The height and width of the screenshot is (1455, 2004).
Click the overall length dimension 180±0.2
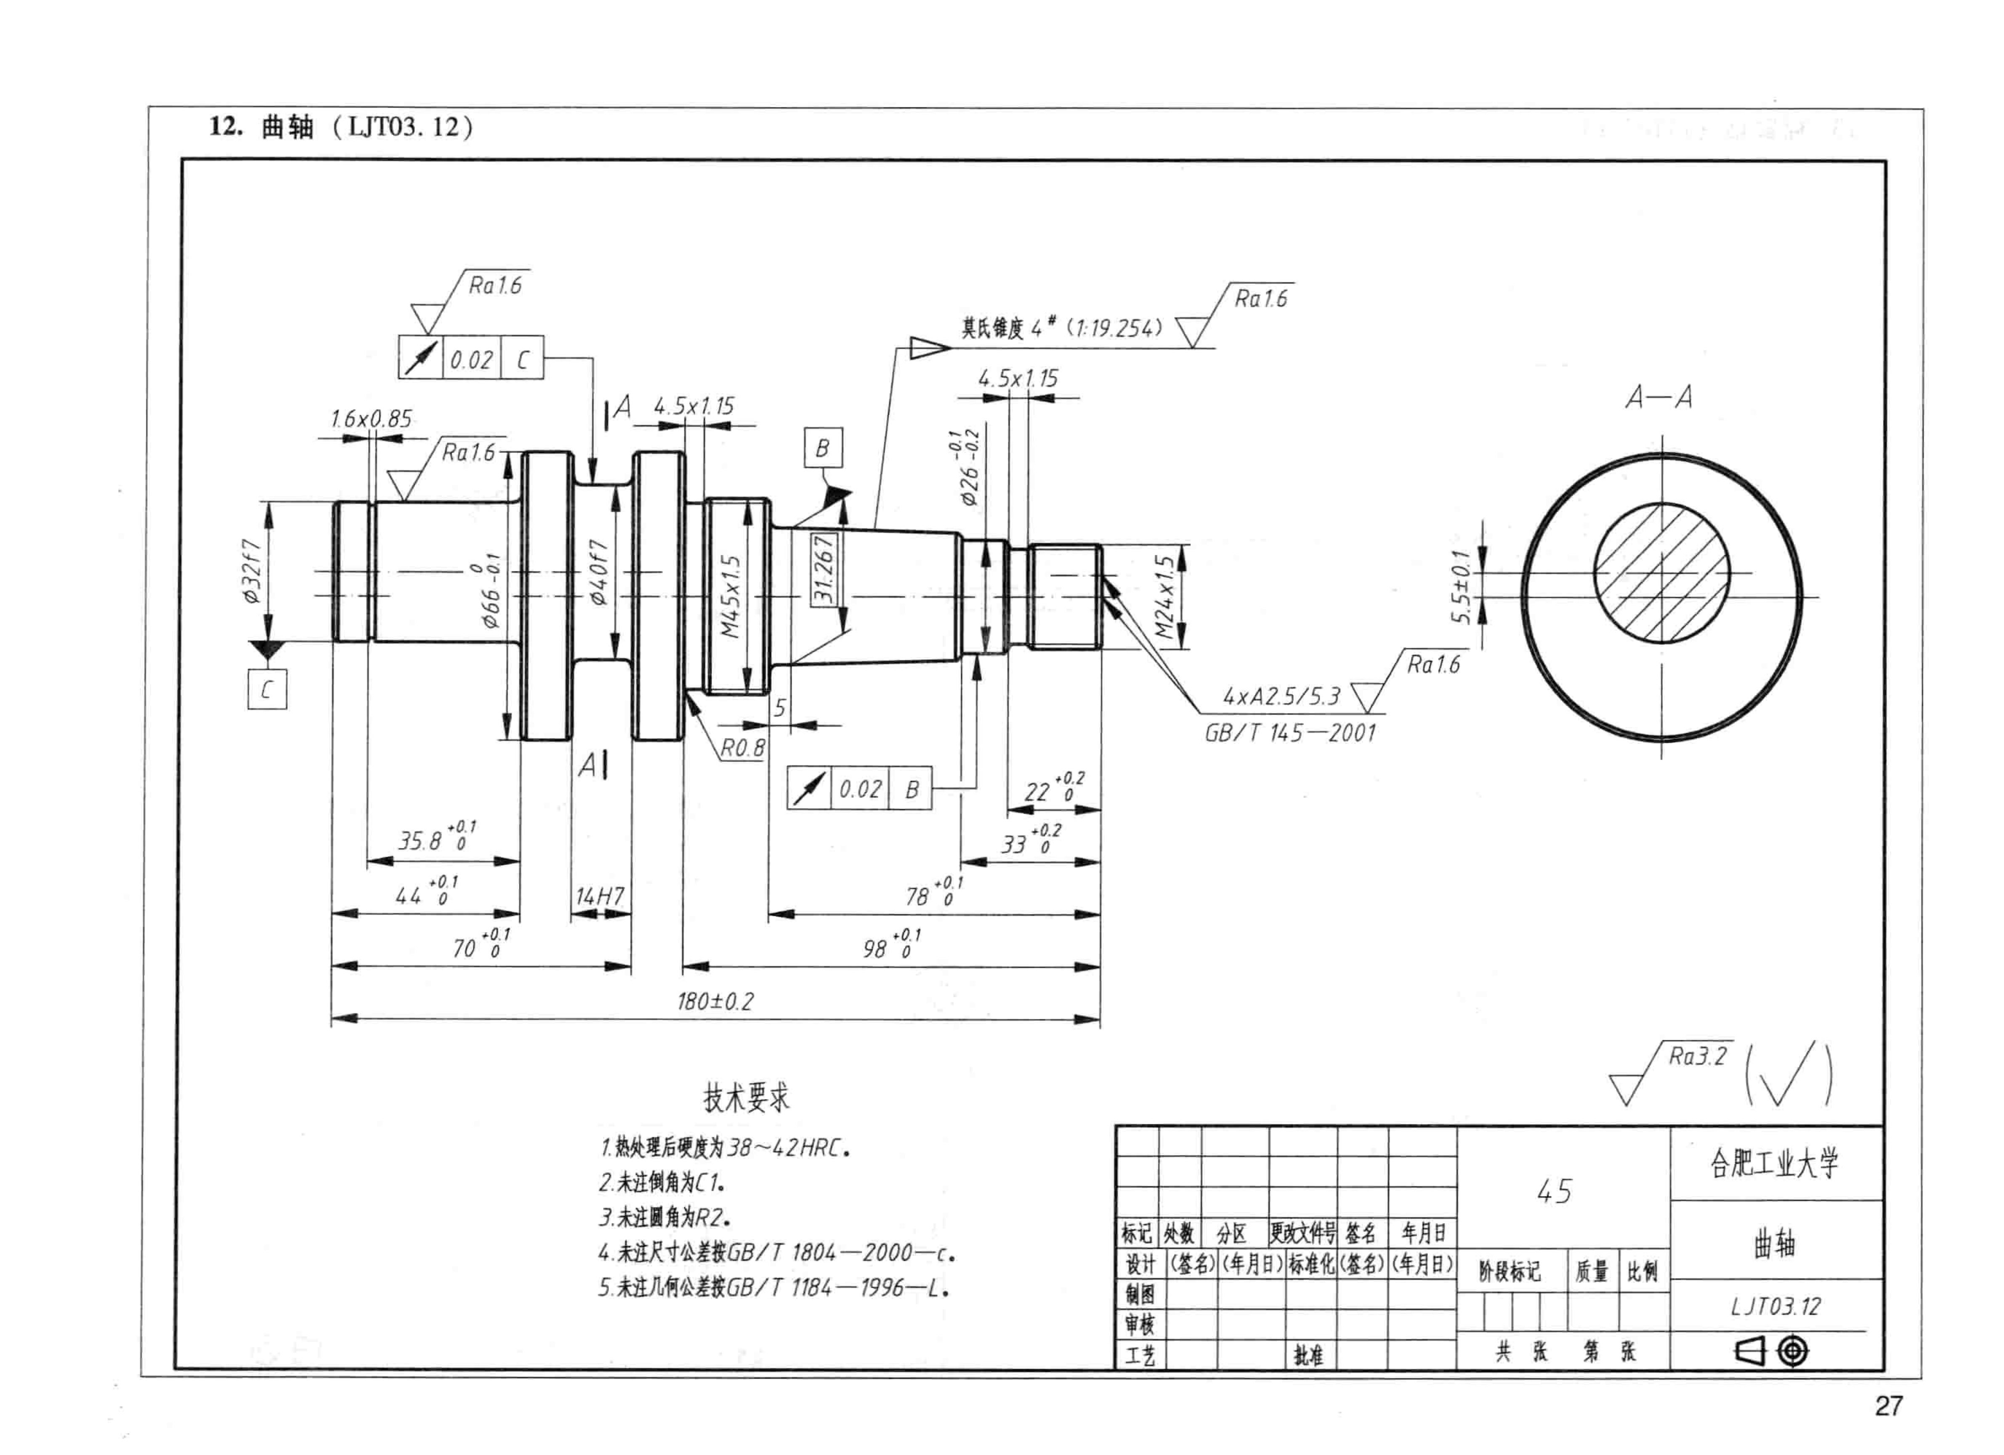point(715,1002)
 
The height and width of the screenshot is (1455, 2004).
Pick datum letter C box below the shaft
point(267,690)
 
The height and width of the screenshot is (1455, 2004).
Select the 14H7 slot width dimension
point(600,896)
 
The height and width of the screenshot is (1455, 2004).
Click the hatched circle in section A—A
point(1661,573)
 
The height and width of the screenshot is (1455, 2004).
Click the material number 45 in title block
point(1554,1191)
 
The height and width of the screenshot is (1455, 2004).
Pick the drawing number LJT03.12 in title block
point(1775,1306)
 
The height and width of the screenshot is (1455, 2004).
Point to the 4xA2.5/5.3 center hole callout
point(1281,697)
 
